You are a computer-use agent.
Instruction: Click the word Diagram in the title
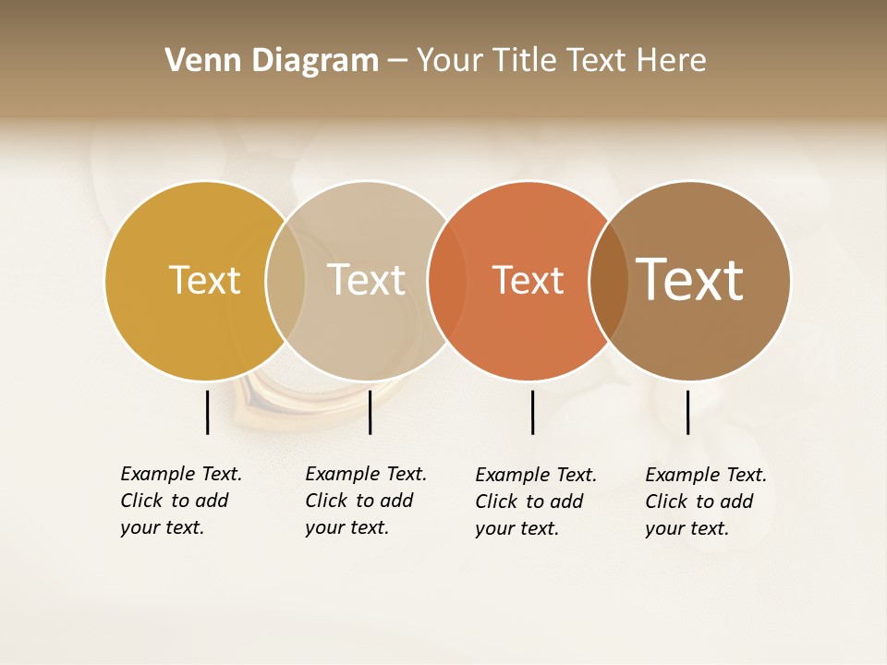[314, 61]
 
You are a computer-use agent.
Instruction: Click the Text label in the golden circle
[204, 280]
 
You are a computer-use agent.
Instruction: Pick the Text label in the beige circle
[366, 280]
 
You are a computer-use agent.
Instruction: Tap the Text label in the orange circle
[528, 280]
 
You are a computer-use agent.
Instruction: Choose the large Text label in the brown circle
[689, 280]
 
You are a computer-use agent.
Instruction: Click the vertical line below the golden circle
[207, 412]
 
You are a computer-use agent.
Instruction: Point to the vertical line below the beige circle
[370, 412]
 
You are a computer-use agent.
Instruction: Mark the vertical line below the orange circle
[532, 412]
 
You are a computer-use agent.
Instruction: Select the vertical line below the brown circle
[687, 412]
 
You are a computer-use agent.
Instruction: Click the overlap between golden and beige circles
[286, 280]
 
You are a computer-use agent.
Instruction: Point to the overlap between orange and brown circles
[609, 280]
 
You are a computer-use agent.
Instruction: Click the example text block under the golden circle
[180, 501]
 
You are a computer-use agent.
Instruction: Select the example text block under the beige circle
[365, 501]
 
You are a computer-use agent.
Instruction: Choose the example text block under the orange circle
[535, 502]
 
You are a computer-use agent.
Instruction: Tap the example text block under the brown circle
[705, 502]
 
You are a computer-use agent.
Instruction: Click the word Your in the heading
[451, 61]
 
